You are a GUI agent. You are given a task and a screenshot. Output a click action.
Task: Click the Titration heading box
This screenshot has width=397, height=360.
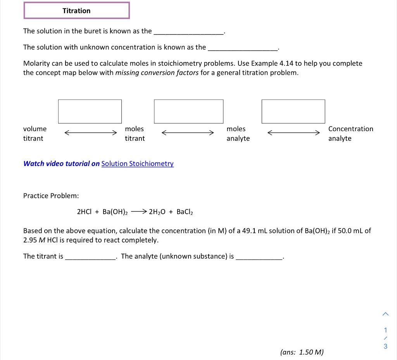coord(76,10)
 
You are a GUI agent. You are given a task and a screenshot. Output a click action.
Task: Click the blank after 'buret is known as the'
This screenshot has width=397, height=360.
coord(188,32)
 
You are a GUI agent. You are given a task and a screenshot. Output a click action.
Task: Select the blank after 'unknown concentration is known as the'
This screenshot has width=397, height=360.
coord(243,48)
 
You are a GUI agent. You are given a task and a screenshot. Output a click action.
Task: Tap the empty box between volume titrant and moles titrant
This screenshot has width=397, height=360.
coord(90,111)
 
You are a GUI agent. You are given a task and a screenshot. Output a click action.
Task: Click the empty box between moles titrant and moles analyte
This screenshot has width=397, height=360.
coord(188,111)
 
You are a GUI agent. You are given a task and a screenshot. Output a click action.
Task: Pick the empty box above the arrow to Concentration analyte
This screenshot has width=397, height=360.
coord(293,111)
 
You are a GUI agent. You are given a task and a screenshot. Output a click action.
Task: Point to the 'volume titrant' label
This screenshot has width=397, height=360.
coord(35,133)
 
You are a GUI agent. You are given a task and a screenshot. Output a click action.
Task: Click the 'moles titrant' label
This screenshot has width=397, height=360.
coord(135,133)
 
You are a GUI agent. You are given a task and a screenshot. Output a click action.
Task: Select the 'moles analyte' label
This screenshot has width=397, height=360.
coord(238,133)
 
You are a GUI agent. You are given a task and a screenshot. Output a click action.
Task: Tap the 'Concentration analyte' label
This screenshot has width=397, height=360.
coord(350,133)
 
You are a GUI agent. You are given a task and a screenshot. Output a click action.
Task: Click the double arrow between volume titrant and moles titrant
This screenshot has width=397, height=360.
coord(90,133)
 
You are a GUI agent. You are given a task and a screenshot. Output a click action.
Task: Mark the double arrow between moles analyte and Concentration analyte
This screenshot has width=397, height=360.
coord(293,133)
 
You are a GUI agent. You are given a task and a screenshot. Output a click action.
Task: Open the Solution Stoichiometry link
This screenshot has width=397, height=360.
coord(137,164)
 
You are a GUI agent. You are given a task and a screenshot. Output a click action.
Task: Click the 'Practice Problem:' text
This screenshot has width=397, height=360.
coord(51,196)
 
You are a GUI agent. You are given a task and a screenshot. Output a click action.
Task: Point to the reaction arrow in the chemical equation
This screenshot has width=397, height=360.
coord(138,211)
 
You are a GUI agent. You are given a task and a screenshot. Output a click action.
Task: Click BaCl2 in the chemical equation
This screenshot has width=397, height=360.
coord(185,212)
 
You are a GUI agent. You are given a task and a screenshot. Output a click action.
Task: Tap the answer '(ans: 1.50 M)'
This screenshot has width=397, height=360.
coord(302,352)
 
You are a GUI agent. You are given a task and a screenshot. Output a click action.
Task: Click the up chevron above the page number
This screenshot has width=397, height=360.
coord(385,313)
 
